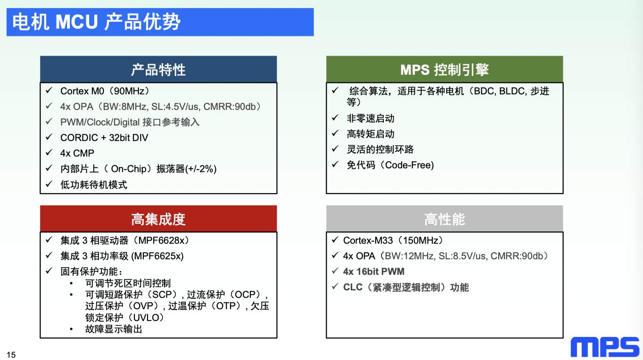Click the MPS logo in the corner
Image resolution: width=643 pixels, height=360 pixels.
(605, 347)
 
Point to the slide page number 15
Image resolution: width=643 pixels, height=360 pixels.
(11, 355)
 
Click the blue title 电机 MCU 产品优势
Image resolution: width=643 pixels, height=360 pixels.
(96, 22)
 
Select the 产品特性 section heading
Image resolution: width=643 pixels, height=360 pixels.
(158, 70)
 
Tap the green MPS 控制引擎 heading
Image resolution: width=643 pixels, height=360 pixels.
(445, 70)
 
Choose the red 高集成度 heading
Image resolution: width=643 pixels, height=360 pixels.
(158, 219)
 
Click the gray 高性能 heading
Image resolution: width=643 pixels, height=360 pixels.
(445, 219)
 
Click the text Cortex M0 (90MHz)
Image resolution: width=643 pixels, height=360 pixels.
(105, 91)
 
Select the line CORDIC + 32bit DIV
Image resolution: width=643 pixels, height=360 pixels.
(104, 138)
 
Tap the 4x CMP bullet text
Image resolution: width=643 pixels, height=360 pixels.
(77, 153)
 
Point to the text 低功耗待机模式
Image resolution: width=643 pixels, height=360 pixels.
(94, 184)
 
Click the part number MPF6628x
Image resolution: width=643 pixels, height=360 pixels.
(163, 240)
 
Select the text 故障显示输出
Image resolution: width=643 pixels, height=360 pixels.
(114, 329)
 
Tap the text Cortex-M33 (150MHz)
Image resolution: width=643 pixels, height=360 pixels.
(393, 240)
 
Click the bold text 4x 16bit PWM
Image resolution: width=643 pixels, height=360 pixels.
(374, 271)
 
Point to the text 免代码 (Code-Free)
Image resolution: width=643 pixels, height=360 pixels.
(390, 165)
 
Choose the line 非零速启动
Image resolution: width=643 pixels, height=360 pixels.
(371, 118)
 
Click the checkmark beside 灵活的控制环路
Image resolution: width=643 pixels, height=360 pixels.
(335, 148)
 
